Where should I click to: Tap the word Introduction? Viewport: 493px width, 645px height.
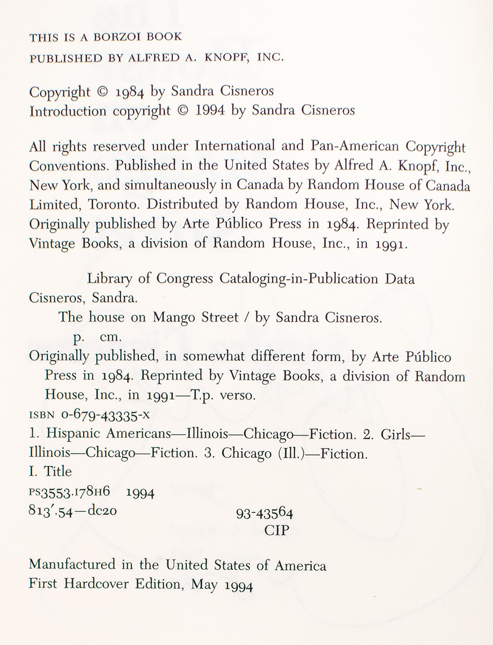pyautogui.click(x=68, y=111)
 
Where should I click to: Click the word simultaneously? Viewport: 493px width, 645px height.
pyautogui.click(x=181, y=185)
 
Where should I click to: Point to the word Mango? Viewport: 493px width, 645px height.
pyautogui.click(x=175, y=318)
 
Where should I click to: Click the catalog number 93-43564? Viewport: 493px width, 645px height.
pyautogui.click(x=265, y=513)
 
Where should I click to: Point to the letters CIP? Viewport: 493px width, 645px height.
pyautogui.click(x=276, y=531)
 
